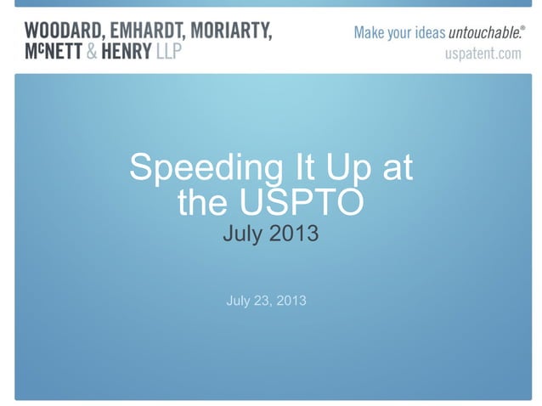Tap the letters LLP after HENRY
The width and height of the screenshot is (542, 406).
tap(178, 53)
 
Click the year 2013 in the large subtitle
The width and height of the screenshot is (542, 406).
tap(293, 232)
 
